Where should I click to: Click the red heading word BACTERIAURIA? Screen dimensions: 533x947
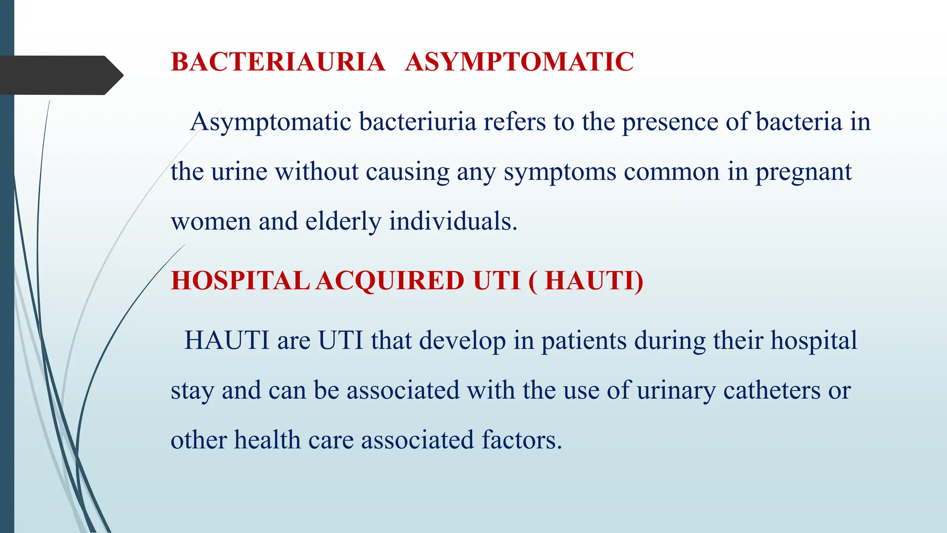(x=278, y=62)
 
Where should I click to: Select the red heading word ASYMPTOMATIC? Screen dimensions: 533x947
(x=519, y=62)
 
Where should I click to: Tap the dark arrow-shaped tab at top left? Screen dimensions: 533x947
(x=60, y=75)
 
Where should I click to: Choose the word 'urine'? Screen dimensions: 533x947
(x=239, y=172)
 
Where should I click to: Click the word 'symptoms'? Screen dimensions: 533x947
(x=560, y=173)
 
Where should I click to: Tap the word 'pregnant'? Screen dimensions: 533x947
(x=803, y=173)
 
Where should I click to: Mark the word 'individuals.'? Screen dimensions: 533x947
(x=453, y=221)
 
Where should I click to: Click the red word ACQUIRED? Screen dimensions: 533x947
(x=390, y=281)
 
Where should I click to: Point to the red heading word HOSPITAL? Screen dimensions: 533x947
(x=240, y=281)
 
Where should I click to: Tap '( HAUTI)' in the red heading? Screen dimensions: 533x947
(x=585, y=281)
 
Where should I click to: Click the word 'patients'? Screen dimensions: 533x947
(x=584, y=341)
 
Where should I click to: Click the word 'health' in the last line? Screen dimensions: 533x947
(x=267, y=440)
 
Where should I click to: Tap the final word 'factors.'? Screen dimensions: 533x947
(x=522, y=440)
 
